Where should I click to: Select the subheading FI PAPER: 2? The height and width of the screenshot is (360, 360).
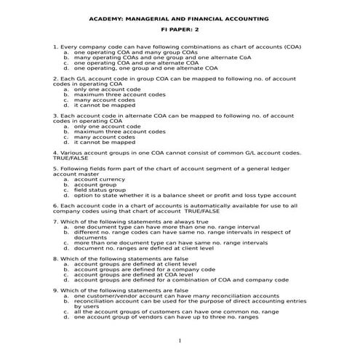click(x=179, y=32)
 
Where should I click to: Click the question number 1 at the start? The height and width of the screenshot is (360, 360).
click(x=56, y=47)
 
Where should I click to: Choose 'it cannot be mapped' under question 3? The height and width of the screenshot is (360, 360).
click(x=104, y=143)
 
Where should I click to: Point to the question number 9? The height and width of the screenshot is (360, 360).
click(x=56, y=290)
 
